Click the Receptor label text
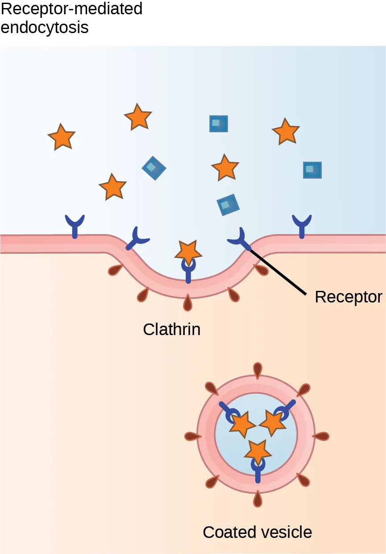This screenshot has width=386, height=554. click(x=348, y=297)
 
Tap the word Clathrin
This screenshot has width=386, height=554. click(x=171, y=330)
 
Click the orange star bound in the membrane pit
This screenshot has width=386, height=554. click(x=188, y=252)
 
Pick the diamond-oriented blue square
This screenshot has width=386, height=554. click(x=154, y=168)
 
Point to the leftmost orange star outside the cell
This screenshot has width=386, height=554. click(x=62, y=137)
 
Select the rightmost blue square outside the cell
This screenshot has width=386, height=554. click(x=312, y=170)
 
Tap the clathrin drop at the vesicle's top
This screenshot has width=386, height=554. click(x=257, y=369)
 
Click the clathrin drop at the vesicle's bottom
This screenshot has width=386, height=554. click(x=257, y=499)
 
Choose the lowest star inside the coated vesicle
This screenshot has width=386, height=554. click(x=257, y=451)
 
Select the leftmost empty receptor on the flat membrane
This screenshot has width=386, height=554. click(x=75, y=225)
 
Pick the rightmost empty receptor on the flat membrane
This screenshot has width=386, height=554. click(x=302, y=225)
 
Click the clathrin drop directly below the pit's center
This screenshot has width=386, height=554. click(x=188, y=302)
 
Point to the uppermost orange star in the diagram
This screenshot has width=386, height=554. click(x=137, y=117)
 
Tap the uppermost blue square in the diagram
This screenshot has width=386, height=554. click(x=219, y=124)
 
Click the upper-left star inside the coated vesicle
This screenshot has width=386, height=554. click(x=242, y=424)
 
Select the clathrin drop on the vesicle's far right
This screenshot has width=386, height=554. click(x=321, y=436)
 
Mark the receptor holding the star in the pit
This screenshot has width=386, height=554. click(x=188, y=269)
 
